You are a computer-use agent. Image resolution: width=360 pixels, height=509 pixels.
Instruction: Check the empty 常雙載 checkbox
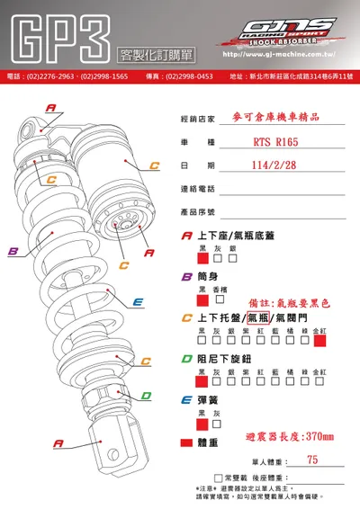coord(218,478)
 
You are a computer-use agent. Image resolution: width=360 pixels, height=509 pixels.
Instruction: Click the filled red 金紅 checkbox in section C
coord(319,341)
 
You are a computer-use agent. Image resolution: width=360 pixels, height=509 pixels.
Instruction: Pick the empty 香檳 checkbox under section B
coord(219,301)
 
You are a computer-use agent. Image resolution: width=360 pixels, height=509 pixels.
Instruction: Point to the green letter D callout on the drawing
coord(144,394)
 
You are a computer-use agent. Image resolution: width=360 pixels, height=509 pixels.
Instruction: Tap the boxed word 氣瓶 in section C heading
coord(258,317)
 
